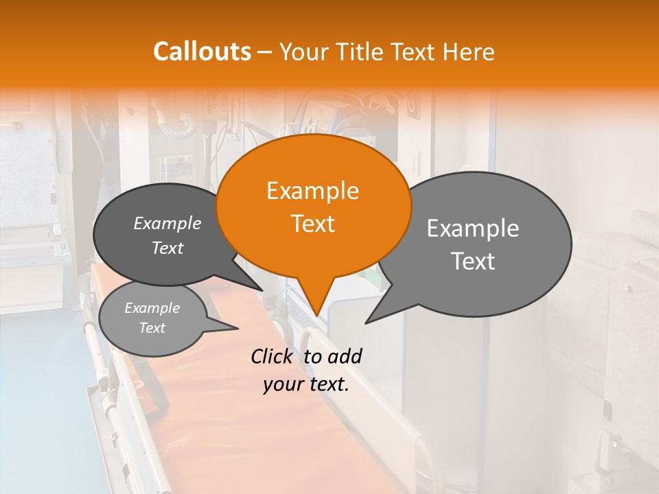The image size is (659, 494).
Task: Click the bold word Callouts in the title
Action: tap(202, 51)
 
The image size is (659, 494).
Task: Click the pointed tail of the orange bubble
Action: tap(316, 302)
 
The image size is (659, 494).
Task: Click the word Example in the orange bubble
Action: tap(312, 191)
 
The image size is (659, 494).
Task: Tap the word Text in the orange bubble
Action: tap(312, 224)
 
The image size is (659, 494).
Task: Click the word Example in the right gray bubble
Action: tap(473, 228)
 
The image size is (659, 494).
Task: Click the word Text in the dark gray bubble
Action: tap(167, 248)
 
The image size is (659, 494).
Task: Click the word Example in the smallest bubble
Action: tap(152, 308)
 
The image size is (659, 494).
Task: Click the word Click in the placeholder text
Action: tap(273, 356)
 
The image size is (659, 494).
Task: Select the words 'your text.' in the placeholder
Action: tap(306, 384)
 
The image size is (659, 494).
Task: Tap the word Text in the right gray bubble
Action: tap(473, 261)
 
